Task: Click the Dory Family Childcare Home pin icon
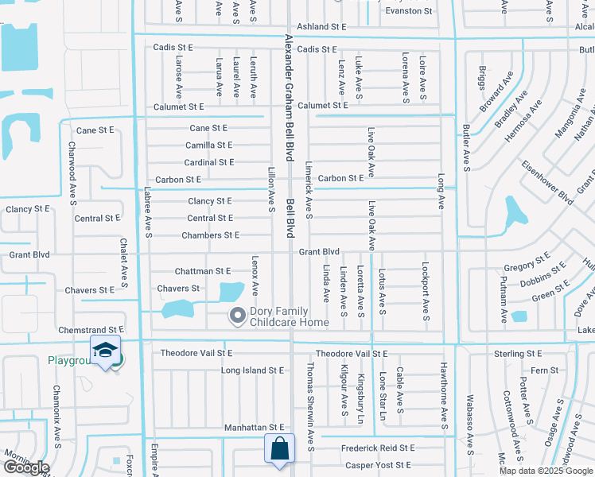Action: coord(237,316)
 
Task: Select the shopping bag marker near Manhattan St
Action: coord(280,448)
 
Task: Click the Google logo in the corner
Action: coord(25,467)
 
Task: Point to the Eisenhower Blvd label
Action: coord(547,184)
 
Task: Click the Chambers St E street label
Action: coord(210,235)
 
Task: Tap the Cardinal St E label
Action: coord(209,162)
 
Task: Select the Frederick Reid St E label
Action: coord(378,448)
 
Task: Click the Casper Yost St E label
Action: coord(376,465)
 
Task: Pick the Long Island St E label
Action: coord(252,370)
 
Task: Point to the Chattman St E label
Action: coord(202,272)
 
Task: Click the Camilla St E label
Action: coord(208,145)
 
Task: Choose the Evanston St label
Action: coord(408,11)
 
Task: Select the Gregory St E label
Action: coord(527,263)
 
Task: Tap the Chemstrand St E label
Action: coord(91,329)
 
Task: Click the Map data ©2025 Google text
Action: coord(545,471)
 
